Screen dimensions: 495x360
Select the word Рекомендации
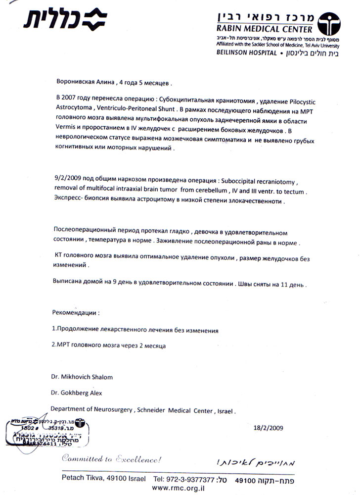pos(75,313)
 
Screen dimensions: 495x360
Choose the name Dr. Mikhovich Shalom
pos(82,377)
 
